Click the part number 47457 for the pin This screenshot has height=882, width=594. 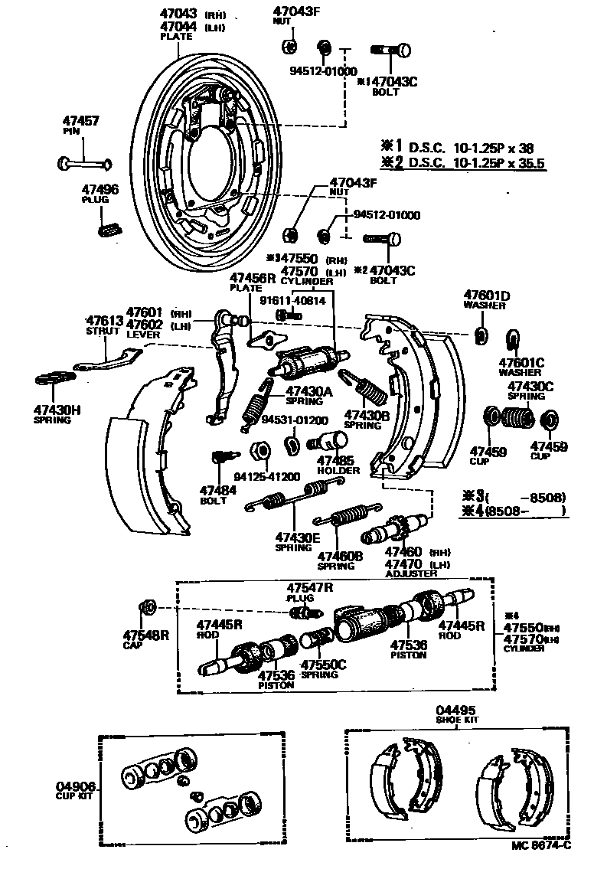[x=80, y=121]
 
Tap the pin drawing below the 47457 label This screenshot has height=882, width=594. [x=84, y=162]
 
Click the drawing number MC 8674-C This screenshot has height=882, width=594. [x=542, y=844]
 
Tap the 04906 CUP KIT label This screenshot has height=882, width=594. [x=75, y=789]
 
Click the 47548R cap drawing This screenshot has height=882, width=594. [x=146, y=609]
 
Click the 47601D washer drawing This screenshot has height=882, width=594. [x=481, y=335]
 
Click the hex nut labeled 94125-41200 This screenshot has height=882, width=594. [x=258, y=449]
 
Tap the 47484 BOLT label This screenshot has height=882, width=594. [x=214, y=494]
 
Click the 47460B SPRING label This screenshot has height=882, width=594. [x=341, y=560]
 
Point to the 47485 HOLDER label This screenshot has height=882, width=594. [x=338, y=464]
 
